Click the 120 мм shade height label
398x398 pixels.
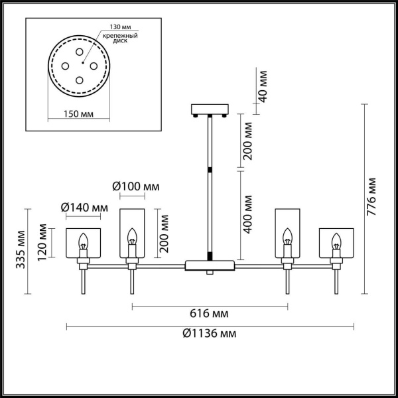pyautogui.click(x=43, y=243)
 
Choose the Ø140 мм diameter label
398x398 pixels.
pyautogui.click(x=84, y=208)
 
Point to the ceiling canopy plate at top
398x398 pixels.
pyautogui.click(x=209, y=109)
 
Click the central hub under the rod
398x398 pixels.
pyautogui.click(x=210, y=265)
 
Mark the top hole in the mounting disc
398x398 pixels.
pyautogui.click(x=80, y=52)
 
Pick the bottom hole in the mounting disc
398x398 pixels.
pyautogui.click(x=80, y=80)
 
